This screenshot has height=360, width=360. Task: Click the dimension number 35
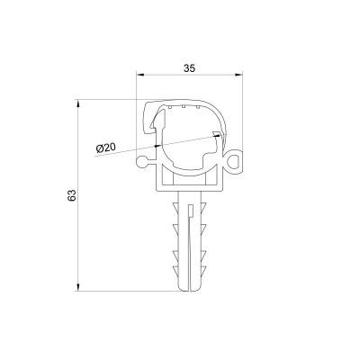click(189, 68)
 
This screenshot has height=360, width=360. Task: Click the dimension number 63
click(72, 195)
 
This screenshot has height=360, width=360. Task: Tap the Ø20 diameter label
click(105, 148)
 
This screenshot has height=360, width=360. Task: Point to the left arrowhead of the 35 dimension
click(140, 75)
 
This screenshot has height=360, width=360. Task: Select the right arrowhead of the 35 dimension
click(238, 75)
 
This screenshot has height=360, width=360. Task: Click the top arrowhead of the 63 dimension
click(78, 103)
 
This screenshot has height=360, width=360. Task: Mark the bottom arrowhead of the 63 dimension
click(78, 287)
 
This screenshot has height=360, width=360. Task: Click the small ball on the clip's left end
click(141, 162)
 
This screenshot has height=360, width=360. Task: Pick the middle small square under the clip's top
click(183, 106)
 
